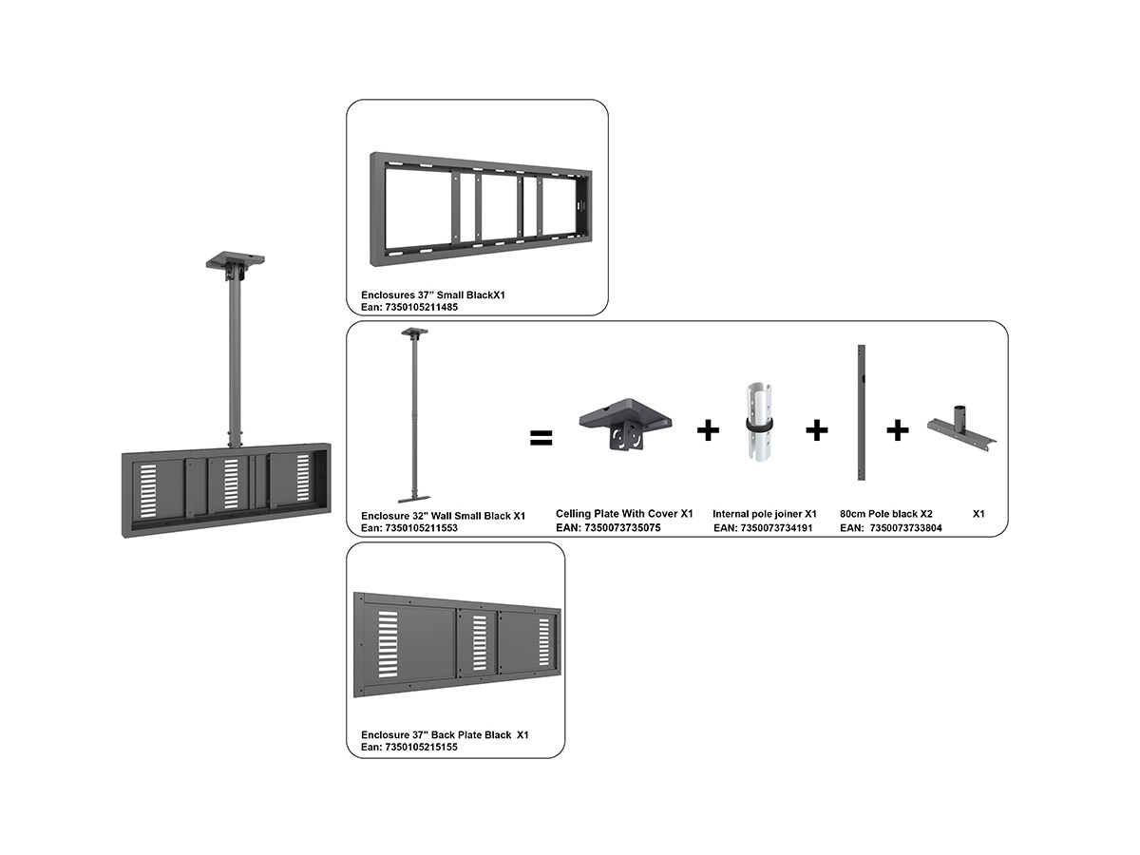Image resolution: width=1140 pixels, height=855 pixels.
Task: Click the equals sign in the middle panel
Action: coord(541,437)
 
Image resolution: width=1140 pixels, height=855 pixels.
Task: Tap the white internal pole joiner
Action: coord(760,421)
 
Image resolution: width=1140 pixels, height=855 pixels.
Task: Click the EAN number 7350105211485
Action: coord(421,307)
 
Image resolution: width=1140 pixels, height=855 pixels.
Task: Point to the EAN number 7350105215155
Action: coord(421,747)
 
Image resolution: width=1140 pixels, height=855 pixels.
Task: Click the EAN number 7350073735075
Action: coord(622,528)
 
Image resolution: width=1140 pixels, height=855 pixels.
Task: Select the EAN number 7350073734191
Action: coord(776,528)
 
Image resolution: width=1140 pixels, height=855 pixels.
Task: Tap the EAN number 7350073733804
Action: coord(905,528)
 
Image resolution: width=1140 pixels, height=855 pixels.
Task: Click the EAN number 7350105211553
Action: coord(421,528)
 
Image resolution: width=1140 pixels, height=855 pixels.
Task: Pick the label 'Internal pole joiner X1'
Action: coord(765,514)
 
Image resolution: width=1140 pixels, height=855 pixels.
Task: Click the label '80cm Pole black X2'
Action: coord(886,514)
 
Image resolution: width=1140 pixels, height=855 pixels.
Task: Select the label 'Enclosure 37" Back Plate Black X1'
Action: coord(445,734)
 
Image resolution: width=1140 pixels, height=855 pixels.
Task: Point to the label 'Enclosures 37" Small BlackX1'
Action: coord(432,294)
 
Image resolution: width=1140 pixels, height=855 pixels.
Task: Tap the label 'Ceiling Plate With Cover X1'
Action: coord(624,514)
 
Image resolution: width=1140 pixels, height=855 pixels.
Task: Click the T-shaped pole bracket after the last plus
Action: coord(961,432)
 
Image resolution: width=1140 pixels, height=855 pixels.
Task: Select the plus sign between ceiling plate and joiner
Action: coord(708,430)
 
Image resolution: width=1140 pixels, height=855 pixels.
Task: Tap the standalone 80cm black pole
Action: coord(861,412)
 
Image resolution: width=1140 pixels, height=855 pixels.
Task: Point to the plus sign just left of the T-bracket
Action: coord(898,430)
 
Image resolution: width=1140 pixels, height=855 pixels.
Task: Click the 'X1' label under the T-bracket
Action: coord(978,514)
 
